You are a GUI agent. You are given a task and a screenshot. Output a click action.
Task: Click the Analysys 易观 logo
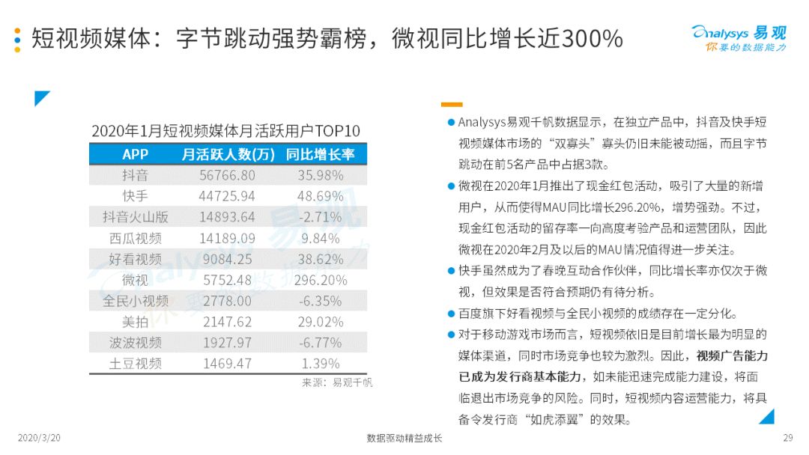pos(739,39)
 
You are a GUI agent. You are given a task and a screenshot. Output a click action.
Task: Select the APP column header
pos(135,154)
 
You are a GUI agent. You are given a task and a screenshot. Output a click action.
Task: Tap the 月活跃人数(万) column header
pos(228,154)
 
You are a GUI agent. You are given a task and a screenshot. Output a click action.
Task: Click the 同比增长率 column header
pos(321,154)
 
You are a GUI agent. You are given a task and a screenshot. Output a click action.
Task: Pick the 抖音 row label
pos(135,175)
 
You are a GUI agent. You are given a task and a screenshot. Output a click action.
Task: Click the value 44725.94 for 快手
pos(227,196)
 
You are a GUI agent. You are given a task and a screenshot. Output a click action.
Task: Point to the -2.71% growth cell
pos(321,217)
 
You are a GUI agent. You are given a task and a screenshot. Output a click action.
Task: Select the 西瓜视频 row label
pos(135,238)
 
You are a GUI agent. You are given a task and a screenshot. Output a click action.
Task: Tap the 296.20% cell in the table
pos(321,281)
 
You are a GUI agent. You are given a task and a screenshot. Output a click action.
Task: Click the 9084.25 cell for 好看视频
pos(227,259)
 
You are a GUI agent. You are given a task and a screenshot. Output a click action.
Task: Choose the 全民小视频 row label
pos(135,301)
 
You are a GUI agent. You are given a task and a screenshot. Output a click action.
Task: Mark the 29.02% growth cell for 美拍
pos(321,322)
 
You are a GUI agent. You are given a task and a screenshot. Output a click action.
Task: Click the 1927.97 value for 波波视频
pos(227,343)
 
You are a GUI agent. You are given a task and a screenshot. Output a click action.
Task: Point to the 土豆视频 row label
pos(135,364)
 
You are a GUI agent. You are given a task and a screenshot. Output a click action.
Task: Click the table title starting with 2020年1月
pos(225,131)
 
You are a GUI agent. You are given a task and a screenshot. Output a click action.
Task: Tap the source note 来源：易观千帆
pos(337,382)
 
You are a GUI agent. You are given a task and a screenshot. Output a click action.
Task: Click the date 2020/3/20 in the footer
pos(39,438)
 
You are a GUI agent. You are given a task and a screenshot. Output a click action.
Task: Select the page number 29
pos(788,438)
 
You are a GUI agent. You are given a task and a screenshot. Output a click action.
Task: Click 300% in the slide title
pos(593,39)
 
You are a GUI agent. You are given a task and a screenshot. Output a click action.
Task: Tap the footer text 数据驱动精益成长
pos(404,438)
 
